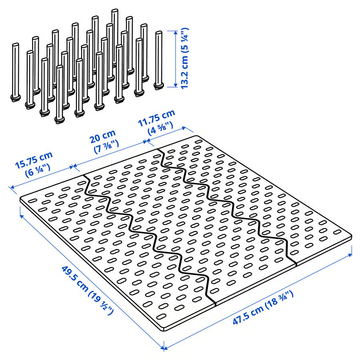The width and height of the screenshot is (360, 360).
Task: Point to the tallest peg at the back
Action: click(115, 36)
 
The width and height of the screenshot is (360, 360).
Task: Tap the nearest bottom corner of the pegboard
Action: click(164, 330)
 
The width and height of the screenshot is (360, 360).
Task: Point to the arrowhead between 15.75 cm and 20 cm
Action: click(73, 166)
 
